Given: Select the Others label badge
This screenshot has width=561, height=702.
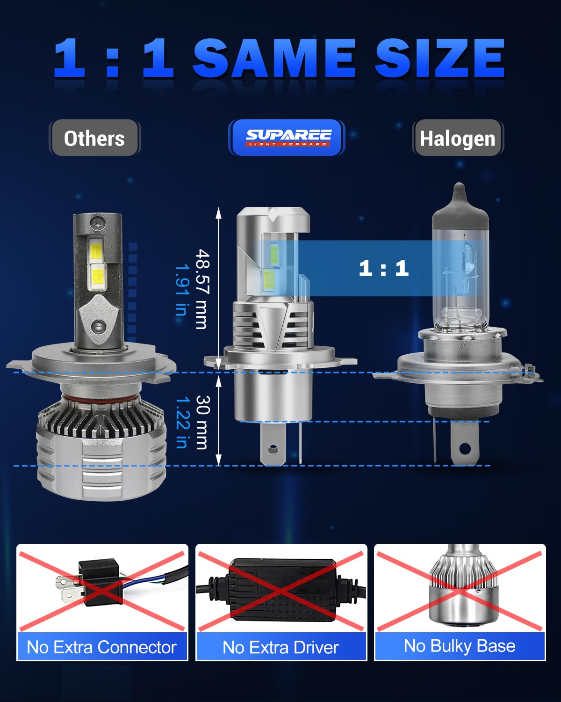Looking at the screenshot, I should point(94,138).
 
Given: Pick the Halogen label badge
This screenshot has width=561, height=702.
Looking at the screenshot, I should point(457,139).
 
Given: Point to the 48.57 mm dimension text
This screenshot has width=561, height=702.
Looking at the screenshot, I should point(202,289).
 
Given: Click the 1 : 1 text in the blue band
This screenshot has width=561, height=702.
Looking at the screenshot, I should point(383,268).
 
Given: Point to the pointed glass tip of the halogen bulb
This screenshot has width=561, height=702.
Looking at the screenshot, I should point(460,190).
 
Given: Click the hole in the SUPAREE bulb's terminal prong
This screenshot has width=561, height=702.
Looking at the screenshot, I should point(273,450).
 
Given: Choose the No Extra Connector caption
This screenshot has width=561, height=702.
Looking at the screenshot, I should point(102,647).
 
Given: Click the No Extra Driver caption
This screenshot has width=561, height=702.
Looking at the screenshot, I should point(280,647).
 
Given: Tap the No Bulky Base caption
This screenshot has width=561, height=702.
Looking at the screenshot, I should point(460,646).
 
